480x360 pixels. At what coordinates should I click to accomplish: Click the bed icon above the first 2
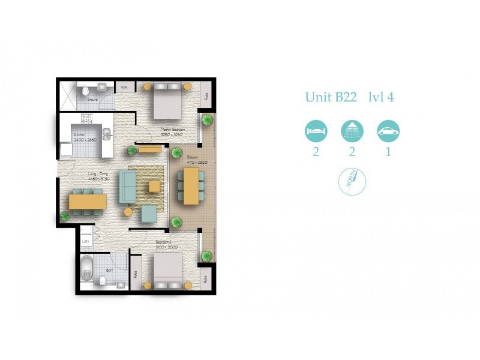pos(316,130)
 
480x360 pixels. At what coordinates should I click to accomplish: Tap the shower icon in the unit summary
pos(352,130)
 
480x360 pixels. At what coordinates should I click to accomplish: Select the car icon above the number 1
pos(388,130)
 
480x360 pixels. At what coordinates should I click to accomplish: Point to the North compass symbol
pos(352,179)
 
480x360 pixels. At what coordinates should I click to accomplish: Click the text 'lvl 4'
pos(380,97)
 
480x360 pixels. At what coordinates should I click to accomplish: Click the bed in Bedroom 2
pos(167,271)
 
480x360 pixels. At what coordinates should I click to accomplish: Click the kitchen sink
pos(107,134)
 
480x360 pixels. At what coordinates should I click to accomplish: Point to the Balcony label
pos(185,158)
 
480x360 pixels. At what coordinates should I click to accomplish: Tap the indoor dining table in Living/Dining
pos(88,201)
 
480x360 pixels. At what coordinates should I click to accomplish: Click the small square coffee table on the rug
pos(155,186)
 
